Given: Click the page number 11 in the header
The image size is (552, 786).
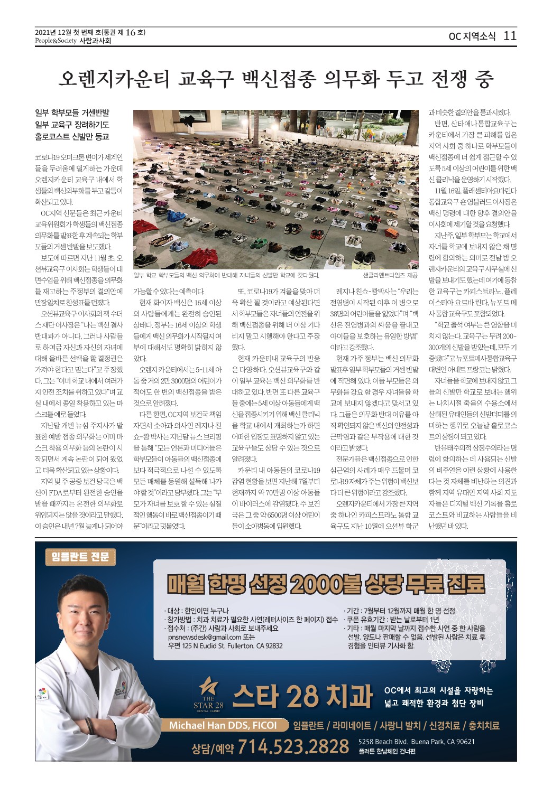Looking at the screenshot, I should (510, 36).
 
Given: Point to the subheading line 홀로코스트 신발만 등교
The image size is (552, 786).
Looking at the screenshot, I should (71, 136).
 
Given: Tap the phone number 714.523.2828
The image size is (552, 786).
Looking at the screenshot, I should (293, 746).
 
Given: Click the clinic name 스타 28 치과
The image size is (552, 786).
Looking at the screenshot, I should (303, 696).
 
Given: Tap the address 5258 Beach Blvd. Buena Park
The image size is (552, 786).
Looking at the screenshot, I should (416, 741).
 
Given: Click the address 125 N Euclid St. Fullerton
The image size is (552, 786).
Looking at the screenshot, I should (225, 645).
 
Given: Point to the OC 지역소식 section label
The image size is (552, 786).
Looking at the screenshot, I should (472, 36).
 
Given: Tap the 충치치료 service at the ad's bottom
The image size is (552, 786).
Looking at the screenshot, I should (481, 725).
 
